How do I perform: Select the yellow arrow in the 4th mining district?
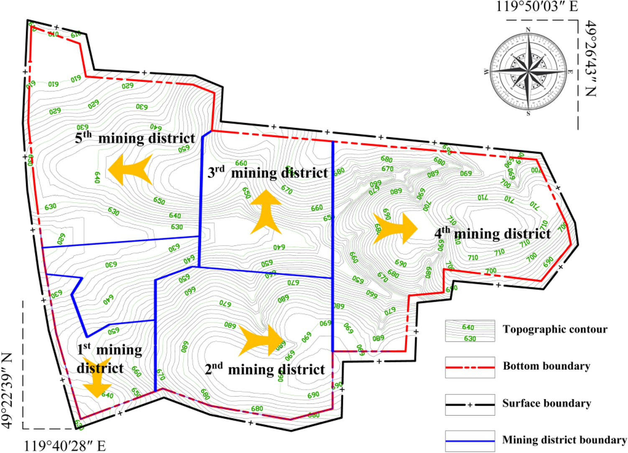coord(395,228)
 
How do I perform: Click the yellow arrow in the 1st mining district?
coord(97,377)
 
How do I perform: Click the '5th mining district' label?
coord(135,138)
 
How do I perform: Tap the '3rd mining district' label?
coord(268,172)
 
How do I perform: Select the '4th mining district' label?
coord(493,233)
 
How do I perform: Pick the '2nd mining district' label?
coord(265,369)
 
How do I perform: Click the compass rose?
coord(528,72)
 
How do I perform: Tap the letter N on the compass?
coord(528,30)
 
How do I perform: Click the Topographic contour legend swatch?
coord(470,331)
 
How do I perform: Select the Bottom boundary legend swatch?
coord(470,367)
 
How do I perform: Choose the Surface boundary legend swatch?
coord(470,404)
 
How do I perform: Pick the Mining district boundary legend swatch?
coord(470,441)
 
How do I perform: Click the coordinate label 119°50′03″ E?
coord(537,7)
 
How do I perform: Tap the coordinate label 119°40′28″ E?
coord(65,446)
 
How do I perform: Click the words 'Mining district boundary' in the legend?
coord(564,440)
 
